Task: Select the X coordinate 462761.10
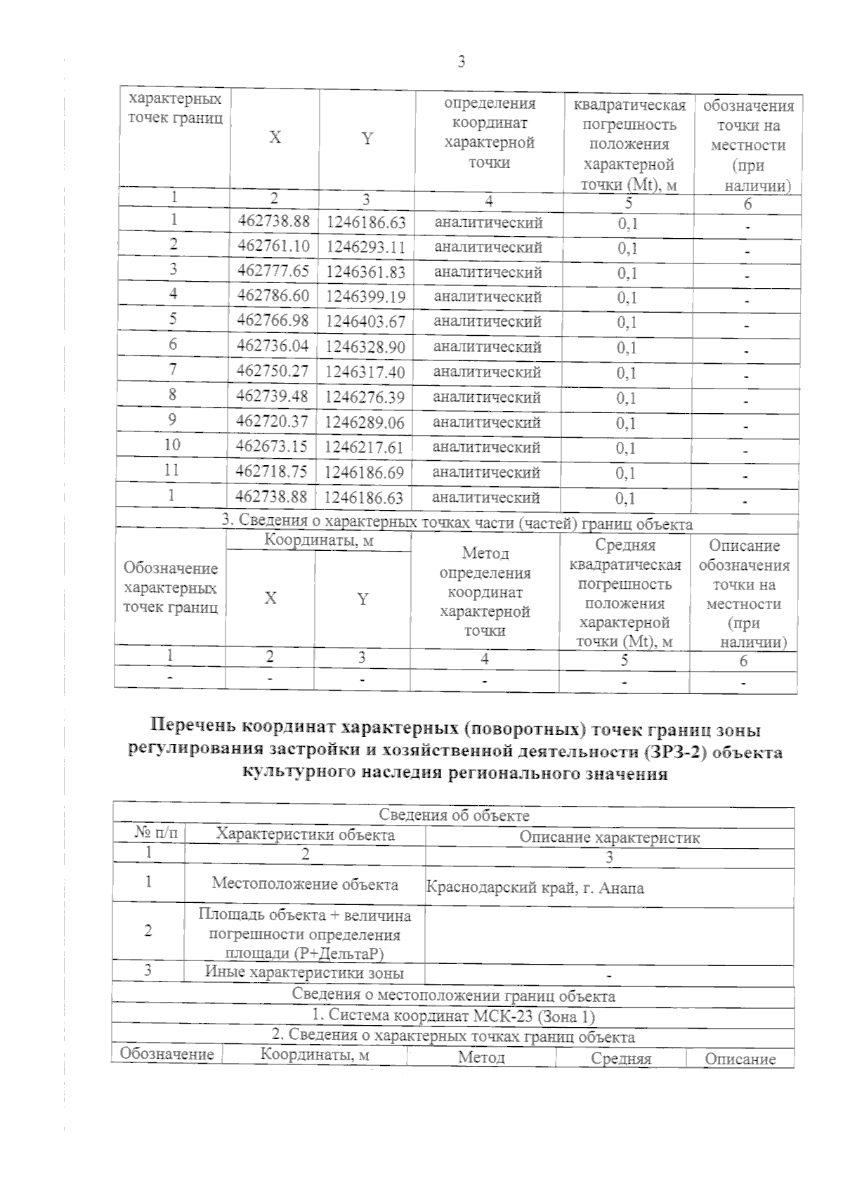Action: (273, 247)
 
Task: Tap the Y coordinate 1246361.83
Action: (366, 272)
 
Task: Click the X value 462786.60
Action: (273, 296)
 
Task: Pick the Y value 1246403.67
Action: (366, 322)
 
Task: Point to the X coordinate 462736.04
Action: (273, 346)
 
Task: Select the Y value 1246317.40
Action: (366, 372)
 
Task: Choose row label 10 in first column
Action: (172, 445)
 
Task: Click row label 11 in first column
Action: (172, 470)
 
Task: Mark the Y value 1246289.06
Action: (365, 422)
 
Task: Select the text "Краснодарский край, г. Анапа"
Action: (535, 888)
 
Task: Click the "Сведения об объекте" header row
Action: (454, 815)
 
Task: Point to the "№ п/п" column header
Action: (156, 834)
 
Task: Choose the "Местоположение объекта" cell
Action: (305, 885)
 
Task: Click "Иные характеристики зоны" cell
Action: (304, 973)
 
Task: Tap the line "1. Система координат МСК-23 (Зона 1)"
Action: (454, 1016)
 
